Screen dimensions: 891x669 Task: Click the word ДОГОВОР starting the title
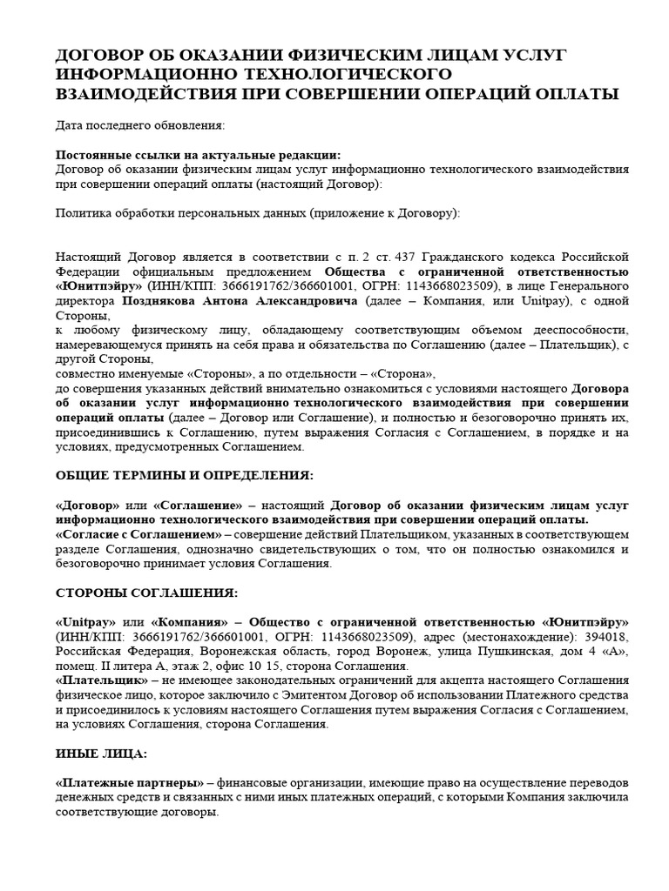(x=98, y=56)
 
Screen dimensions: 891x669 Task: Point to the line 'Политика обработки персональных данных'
(x=258, y=212)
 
